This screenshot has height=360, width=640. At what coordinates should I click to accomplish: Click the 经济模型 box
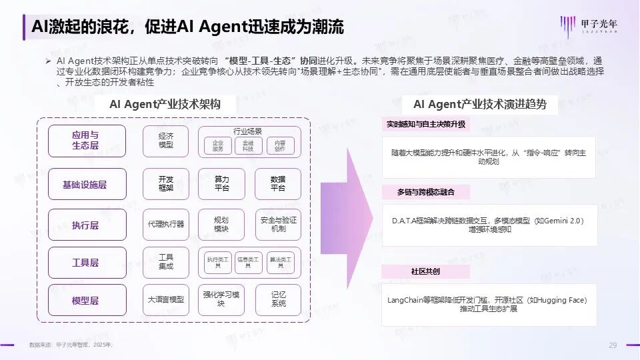[166, 141]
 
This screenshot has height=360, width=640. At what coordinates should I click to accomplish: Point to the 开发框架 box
[166, 184]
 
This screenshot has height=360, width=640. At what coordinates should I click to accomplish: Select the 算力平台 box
[221, 184]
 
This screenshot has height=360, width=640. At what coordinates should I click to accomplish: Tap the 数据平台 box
[278, 184]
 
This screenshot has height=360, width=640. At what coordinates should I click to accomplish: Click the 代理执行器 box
[166, 225]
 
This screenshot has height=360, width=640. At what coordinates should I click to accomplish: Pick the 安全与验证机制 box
[278, 225]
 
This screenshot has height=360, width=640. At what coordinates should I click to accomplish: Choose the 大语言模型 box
[166, 300]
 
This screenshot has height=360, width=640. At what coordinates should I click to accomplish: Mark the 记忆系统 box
[278, 300]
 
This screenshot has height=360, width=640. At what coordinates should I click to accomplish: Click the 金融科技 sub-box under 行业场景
[248, 146]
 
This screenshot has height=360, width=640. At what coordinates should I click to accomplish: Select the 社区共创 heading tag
[425, 272]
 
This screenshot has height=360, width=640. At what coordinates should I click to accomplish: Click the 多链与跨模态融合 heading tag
[425, 192]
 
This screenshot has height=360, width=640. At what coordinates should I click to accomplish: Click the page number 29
[612, 345]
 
